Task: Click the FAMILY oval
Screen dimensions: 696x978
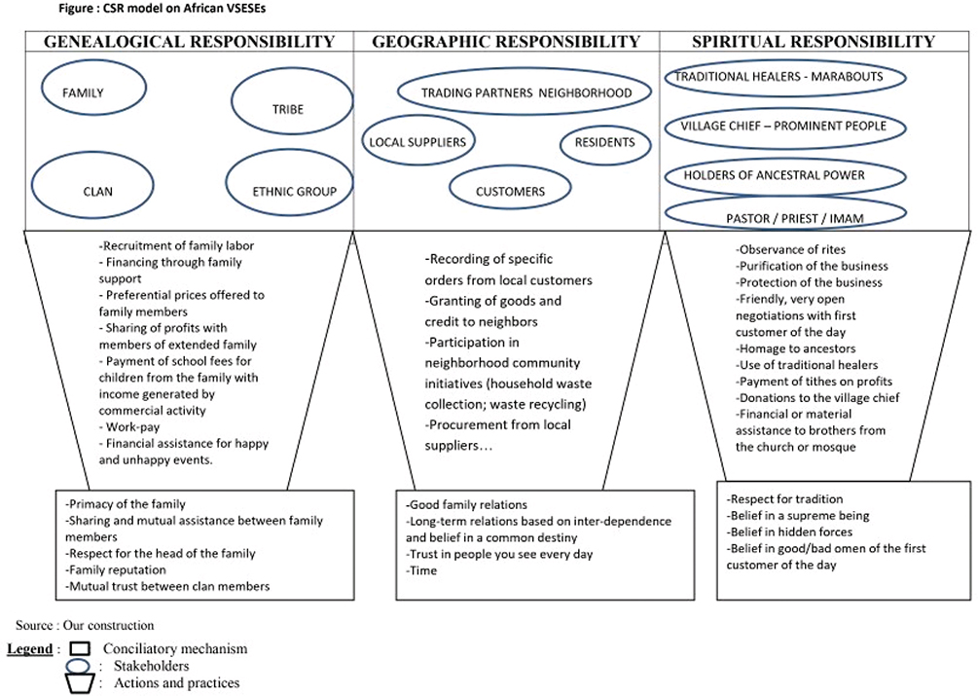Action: pos(83,92)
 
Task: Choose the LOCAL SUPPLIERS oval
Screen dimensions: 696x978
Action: pos(417,142)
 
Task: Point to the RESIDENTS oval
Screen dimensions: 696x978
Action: pos(604,142)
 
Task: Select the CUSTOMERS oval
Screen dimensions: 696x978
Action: pos(510,191)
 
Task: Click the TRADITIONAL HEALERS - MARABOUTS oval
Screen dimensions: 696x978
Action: pos(786,77)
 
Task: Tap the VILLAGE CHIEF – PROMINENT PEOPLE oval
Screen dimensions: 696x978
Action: pos(783,126)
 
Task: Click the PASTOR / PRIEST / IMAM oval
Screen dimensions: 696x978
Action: pos(794,216)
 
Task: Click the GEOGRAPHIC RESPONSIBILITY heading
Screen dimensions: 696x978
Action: pos(506,41)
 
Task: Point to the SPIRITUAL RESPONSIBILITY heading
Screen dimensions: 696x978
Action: pos(813,41)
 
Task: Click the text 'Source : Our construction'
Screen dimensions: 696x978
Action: pos(85,625)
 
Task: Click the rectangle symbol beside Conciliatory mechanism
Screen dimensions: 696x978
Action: pos(83,647)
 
